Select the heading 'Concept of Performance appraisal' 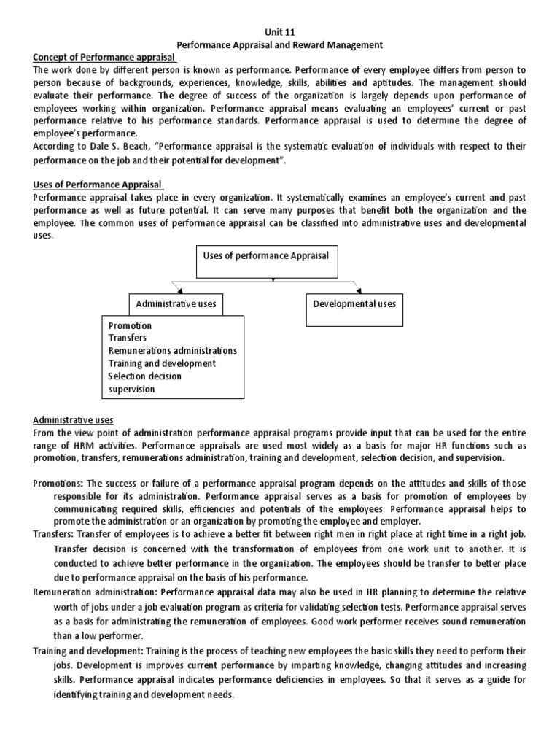pyautogui.click(x=108, y=58)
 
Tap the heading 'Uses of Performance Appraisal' pyautogui.click(x=98, y=185)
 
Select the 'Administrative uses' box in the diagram pyautogui.click(x=176, y=303)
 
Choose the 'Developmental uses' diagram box pyautogui.click(x=354, y=303)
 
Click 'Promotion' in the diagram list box pyautogui.click(x=131, y=325)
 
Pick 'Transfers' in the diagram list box pyautogui.click(x=128, y=338)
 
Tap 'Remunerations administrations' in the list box pyautogui.click(x=172, y=351)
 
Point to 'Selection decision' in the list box pyautogui.click(x=145, y=376)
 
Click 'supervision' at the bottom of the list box pyautogui.click(x=132, y=390)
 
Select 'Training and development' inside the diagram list pyautogui.click(x=162, y=363)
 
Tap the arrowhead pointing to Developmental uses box pyautogui.click(x=357, y=289)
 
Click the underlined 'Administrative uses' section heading pyautogui.click(x=73, y=419)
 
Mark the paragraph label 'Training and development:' pyautogui.click(x=90, y=649)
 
